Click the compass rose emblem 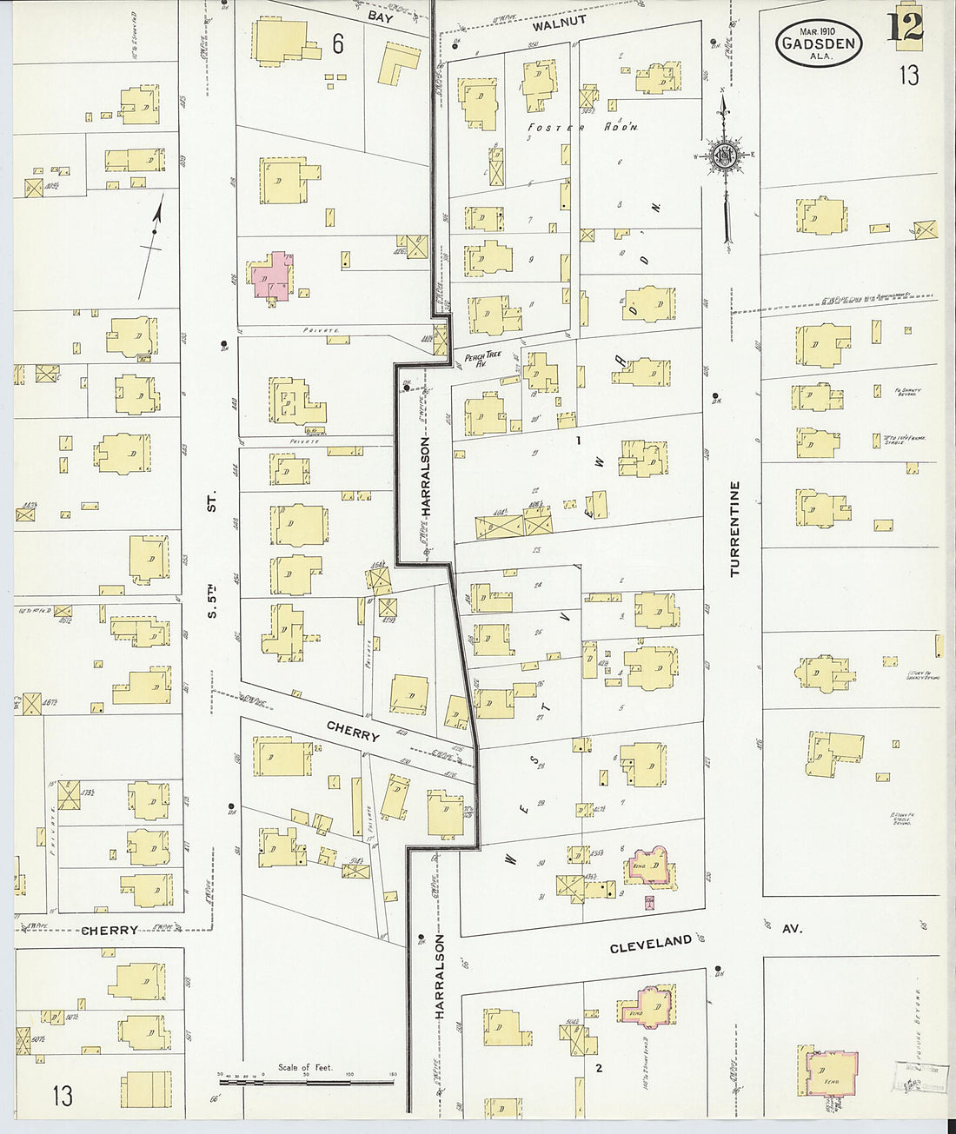click(723, 156)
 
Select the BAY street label click(380, 16)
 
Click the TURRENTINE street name click(735, 529)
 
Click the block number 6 click(337, 43)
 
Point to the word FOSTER click(556, 127)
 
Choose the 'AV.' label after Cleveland click(792, 928)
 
